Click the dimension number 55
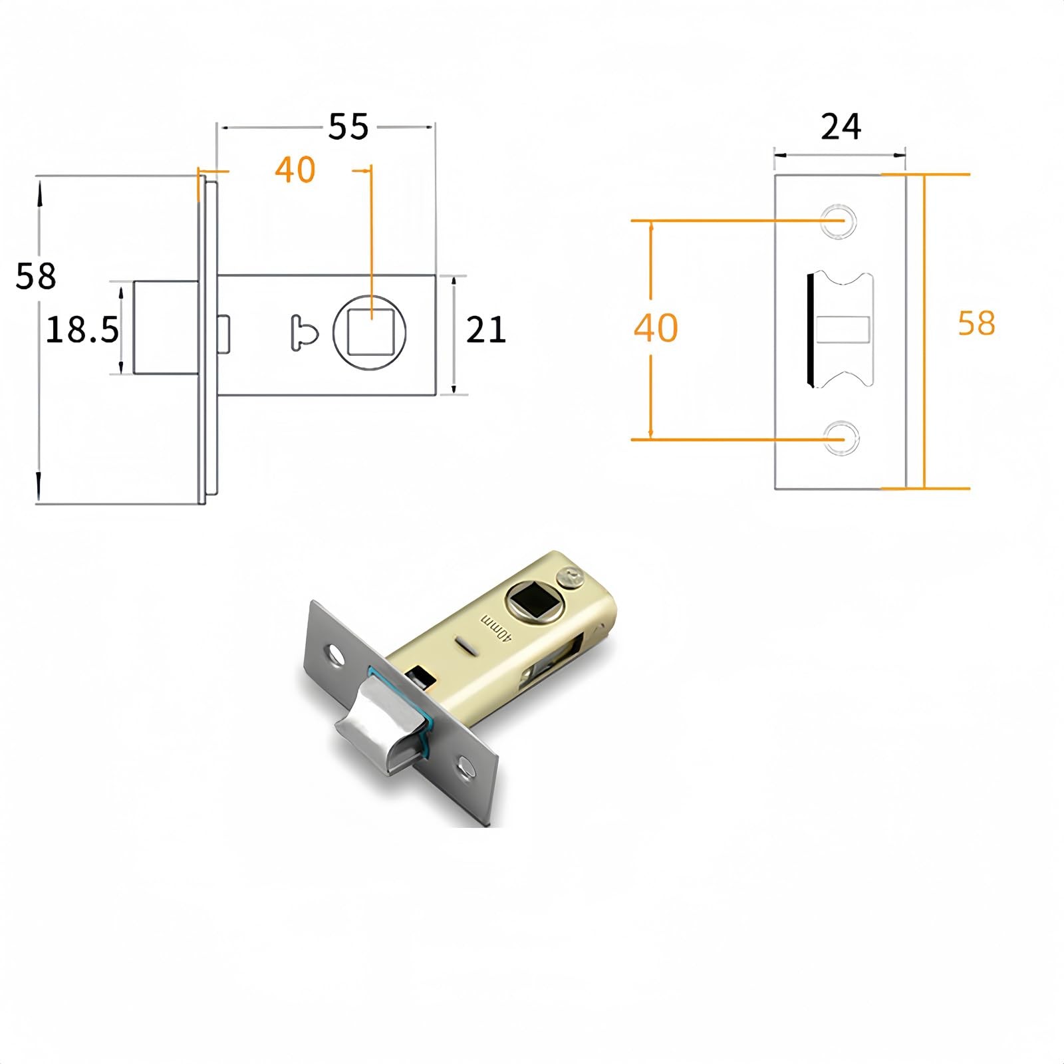(348, 126)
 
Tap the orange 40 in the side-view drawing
(295, 170)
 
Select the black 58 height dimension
(36, 276)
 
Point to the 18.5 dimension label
(82, 330)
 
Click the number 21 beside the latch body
(486, 330)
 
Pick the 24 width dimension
(841, 126)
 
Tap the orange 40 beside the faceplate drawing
(656, 328)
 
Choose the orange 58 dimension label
(976, 323)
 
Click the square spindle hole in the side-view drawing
(370, 331)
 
